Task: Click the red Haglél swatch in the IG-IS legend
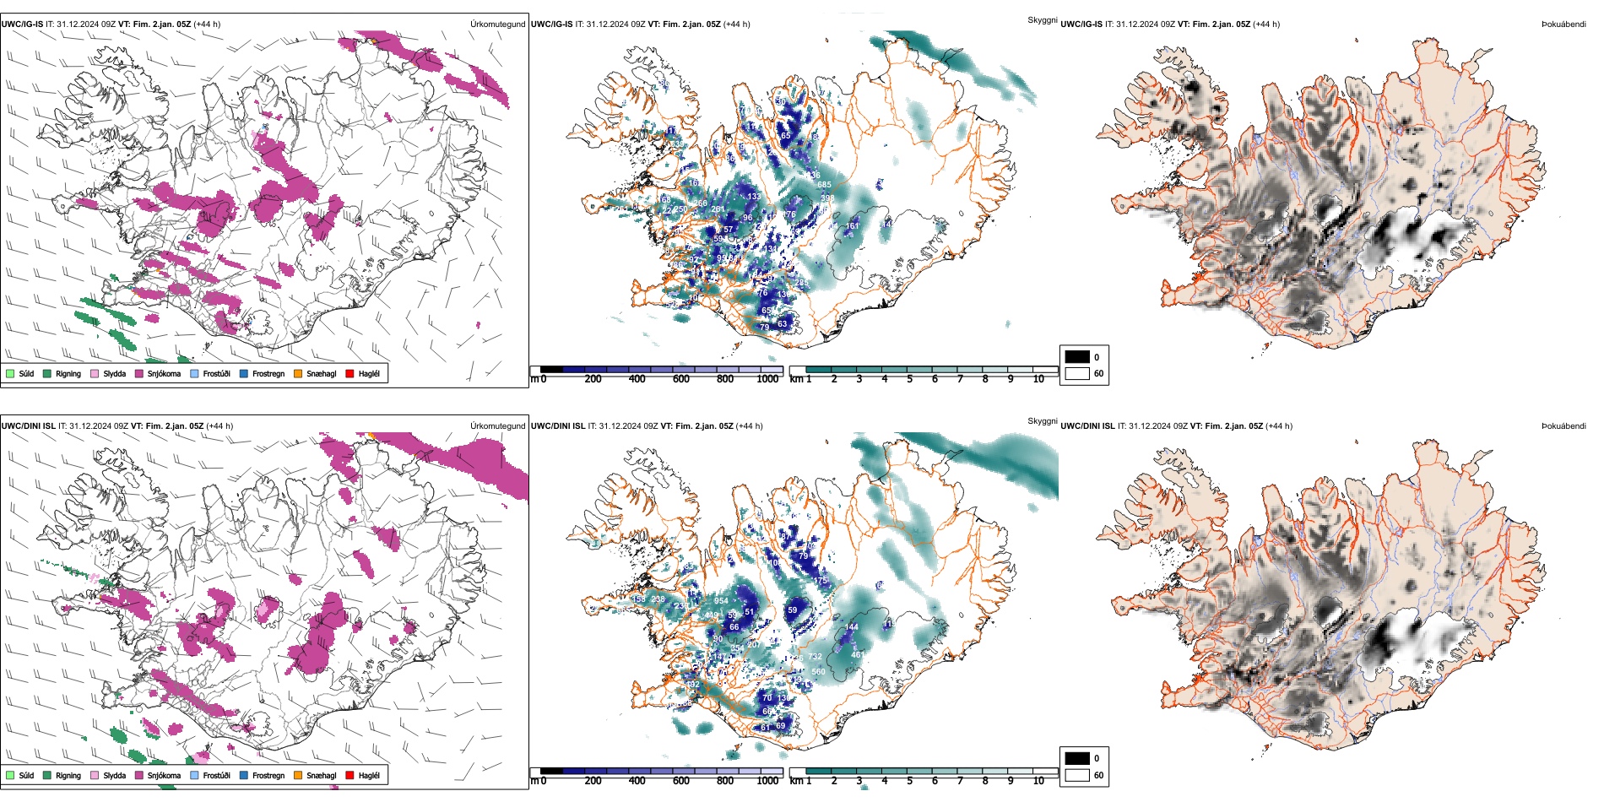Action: point(350,373)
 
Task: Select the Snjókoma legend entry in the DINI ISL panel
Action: point(164,775)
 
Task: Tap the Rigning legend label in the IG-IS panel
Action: point(68,373)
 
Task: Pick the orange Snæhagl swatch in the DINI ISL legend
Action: point(298,775)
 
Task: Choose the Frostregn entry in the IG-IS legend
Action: point(268,373)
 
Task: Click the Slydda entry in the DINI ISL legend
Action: point(114,775)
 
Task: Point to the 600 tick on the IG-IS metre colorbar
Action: point(680,379)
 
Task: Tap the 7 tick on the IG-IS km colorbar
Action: point(960,379)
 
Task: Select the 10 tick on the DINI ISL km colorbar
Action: point(1038,781)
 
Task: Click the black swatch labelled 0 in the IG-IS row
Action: point(1077,356)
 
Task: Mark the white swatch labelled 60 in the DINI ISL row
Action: point(1077,774)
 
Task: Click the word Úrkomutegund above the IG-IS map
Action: point(497,24)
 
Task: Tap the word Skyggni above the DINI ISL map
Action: point(1042,420)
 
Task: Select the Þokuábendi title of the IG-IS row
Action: point(1563,24)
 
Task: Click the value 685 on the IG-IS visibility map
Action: point(824,185)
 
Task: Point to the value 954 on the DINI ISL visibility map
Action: point(721,601)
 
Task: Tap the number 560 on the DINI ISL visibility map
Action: point(818,672)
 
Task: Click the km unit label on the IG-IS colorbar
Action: point(796,379)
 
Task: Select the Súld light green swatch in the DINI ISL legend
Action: point(10,775)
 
